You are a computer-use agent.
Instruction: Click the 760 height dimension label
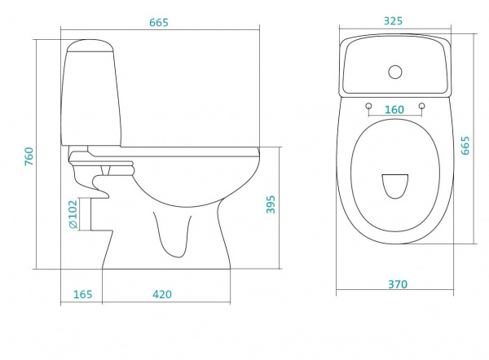(29, 156)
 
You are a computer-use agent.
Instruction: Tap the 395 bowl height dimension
(271, 204)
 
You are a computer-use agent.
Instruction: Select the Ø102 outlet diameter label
(73, 214)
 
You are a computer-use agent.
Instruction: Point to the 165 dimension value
(82, 294)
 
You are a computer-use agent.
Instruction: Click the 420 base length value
(162, 294)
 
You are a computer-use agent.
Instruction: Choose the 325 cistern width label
(394, 21)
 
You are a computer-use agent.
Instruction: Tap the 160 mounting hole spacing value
(394, 110)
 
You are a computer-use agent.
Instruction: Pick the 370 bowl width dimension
(398, 284)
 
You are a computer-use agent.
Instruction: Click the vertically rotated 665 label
(465, 145)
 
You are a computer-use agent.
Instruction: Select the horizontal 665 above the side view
(159, 23)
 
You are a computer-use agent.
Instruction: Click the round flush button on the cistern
(395, 72)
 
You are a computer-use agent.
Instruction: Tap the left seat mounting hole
(368, 106)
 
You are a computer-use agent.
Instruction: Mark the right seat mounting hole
(422, 106)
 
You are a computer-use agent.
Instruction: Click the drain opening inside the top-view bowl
(395, 187)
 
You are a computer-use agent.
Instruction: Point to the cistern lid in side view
(90, 46)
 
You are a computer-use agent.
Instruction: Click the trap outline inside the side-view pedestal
(172, 235)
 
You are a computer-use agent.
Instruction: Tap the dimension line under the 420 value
(166, 302)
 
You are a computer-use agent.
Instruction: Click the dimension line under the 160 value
(395, 116)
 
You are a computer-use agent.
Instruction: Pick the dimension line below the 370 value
(394, 290)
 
